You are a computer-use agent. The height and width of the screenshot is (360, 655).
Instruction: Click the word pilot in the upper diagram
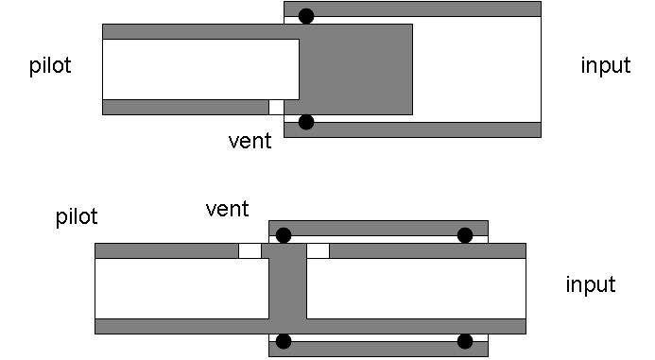pos(50,66)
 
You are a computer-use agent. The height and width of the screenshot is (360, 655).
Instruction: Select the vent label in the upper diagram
pos(250,142)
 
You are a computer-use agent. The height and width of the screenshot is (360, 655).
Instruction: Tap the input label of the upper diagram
pos(605,66)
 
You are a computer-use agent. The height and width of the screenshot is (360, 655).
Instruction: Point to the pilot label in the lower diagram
pos(77,217)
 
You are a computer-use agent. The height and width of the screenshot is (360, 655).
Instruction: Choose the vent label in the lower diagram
pos(227,209)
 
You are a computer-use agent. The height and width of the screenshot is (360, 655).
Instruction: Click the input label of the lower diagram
pos(590,284)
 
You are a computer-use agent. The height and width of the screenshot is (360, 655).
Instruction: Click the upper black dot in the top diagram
pos(305,16)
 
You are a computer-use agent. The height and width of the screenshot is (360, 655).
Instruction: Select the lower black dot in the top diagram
pos(305,122)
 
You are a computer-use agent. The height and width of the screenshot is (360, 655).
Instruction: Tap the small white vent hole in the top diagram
pos(276,107)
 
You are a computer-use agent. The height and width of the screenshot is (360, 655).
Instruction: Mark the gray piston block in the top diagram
pos(355,68)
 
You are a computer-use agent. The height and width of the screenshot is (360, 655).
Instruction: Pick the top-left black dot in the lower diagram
pos(284,235)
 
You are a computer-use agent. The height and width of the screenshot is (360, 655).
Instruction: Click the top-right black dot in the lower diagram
pos(465,235)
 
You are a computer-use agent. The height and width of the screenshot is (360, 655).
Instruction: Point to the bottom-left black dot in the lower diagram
pos(284,341)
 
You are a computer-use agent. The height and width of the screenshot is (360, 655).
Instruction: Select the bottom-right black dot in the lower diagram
pos(465,341)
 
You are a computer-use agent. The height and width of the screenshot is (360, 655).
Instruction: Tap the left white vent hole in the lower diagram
pos(250,250)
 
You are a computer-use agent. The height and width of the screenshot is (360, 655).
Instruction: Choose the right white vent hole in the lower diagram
pos(318,250)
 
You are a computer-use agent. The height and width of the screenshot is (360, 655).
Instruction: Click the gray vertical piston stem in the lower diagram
pos(287,288)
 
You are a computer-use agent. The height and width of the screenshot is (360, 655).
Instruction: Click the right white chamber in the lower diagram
pos(416,288)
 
